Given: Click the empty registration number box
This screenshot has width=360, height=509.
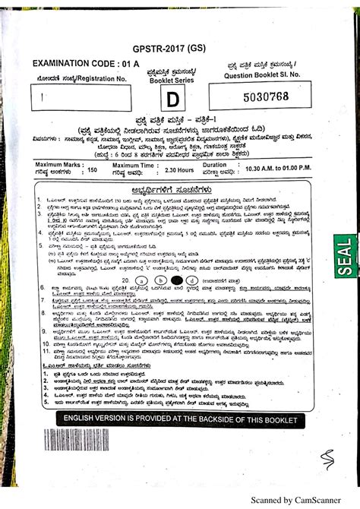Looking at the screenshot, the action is (x=81, y=98).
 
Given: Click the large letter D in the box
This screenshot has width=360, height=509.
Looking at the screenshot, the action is (x=174, y=99).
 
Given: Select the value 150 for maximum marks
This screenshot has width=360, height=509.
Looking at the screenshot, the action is (x=93, y=171).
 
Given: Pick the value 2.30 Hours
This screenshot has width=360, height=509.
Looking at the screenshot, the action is (x=179, y=171).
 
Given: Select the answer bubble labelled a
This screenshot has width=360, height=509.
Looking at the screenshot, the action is (x=141, y=280).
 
